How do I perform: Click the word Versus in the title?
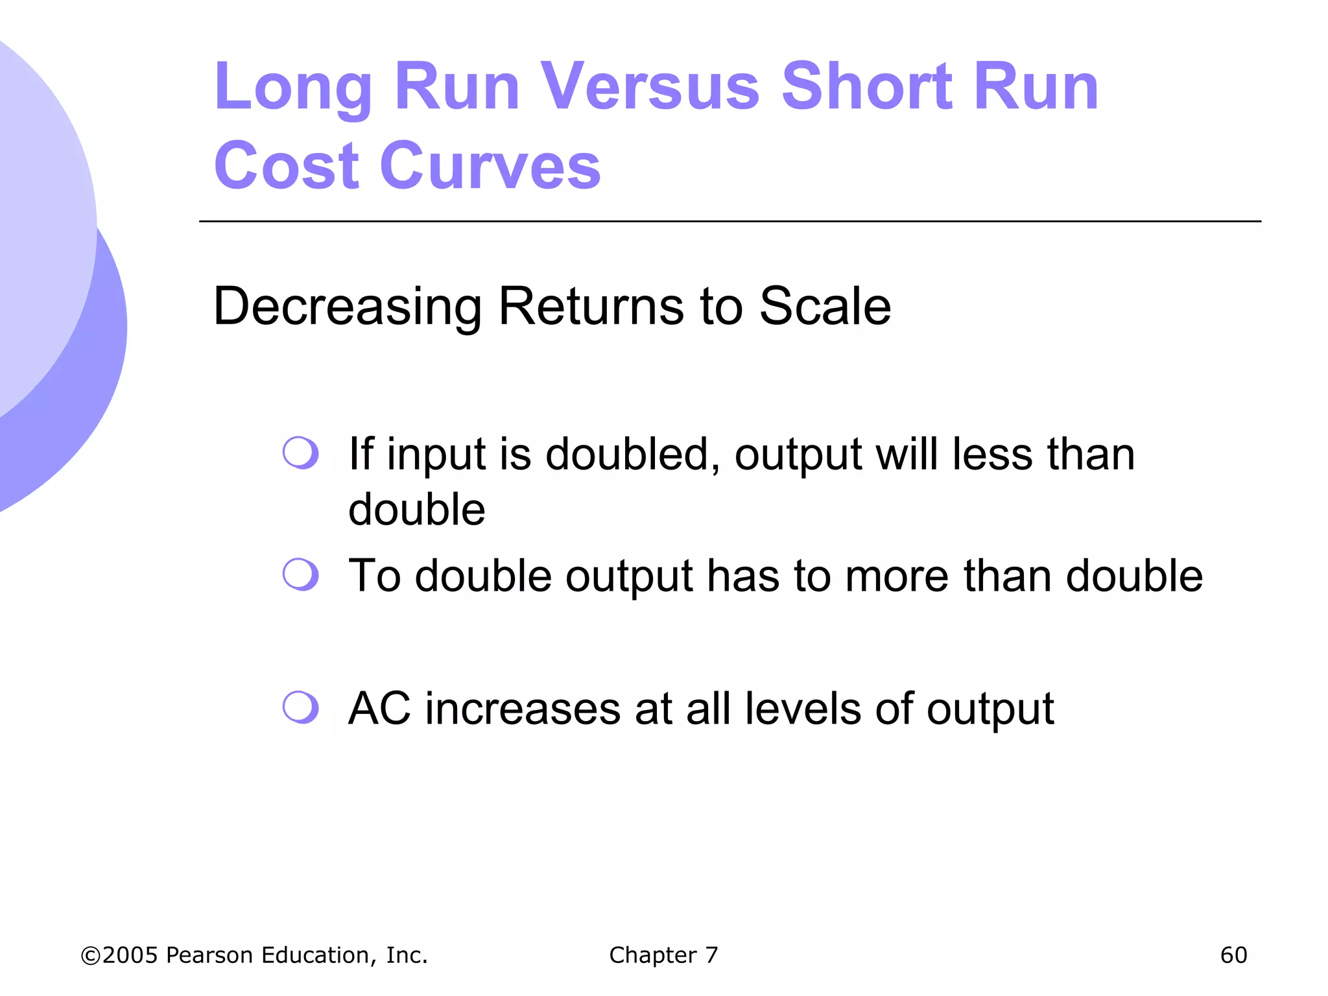pos(650,87)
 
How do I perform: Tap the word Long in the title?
pos(292,87)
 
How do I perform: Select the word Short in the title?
pos(867,87)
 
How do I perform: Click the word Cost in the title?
pos(286,167)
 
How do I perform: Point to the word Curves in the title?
pos(491,167)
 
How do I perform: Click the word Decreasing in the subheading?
pos(347,306)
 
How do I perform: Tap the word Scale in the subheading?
pos(825,306)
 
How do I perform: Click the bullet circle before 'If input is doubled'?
pos(301,453)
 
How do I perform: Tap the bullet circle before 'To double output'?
pos(301,575)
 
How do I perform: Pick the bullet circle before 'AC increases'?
pos(301,707)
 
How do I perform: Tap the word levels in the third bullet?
pos(803,708)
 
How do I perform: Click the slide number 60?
pos(1233,955)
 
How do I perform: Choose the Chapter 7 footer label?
pos(663,955)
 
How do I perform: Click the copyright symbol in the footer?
pos(90,956)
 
